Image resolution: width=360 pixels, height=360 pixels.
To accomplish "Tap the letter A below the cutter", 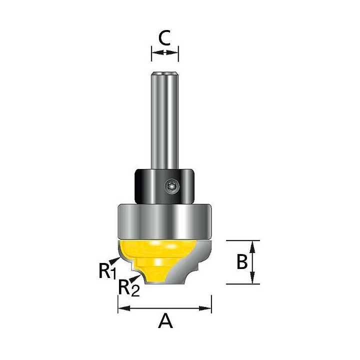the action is [x=165, y=321].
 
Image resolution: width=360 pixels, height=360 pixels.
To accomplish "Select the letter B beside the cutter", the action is [x=242, y=262].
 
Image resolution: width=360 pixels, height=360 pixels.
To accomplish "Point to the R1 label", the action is [x=107, y=271].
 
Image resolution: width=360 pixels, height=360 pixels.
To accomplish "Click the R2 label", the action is [x=129, y=288].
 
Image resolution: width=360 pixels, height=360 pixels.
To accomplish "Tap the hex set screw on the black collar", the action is [x=172, y=186].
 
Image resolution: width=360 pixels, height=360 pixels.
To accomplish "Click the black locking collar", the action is [x=164, y=186].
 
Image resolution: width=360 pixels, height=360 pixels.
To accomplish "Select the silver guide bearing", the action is [x=164, y=221].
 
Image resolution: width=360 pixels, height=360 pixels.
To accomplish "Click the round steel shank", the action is [x=164, y=120].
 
